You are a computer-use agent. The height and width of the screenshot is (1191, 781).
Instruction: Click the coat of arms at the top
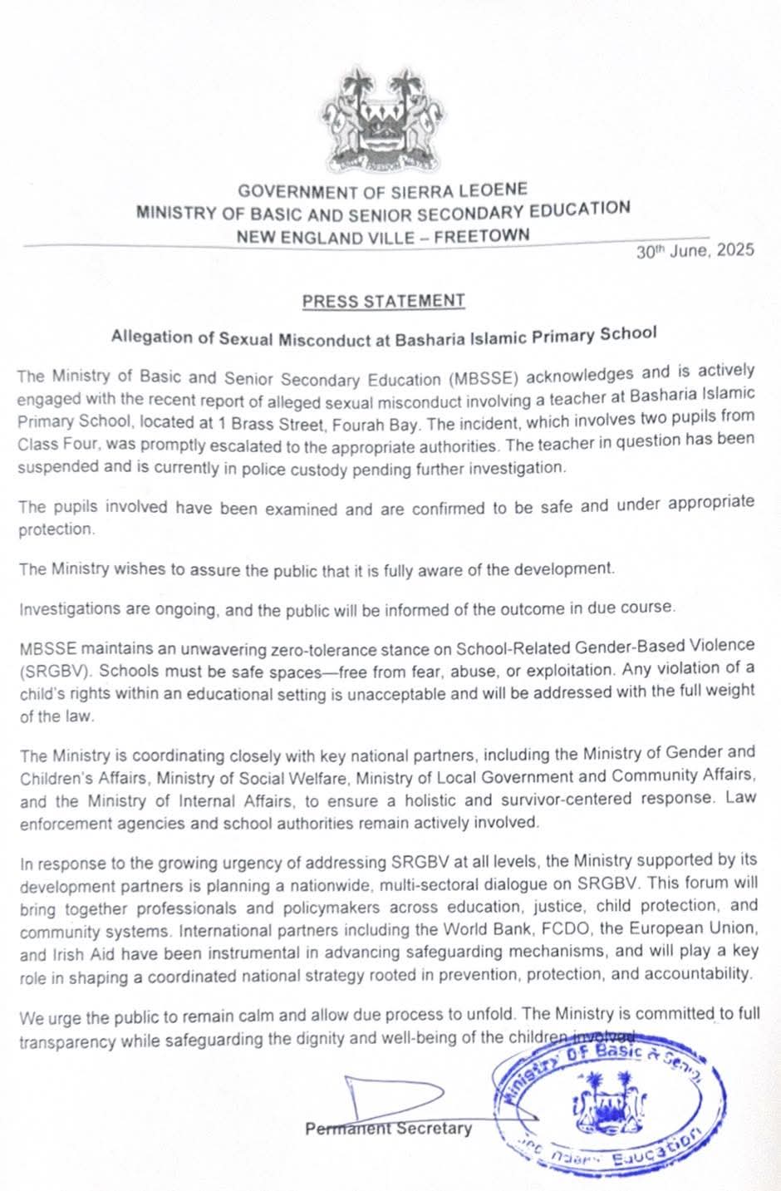[385, 119]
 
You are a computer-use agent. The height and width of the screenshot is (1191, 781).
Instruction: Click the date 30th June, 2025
[695, 250]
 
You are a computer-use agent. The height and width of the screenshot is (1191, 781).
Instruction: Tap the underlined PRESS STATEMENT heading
[383, 301]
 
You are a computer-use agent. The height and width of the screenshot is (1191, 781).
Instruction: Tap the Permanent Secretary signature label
[388, 1129]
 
